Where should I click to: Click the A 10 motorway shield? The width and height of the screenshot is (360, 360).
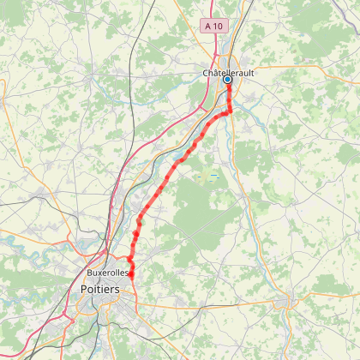pos(214,27)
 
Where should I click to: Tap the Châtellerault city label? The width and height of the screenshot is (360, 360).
pos(228,74)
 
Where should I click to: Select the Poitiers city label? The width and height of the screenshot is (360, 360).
pos(100,290)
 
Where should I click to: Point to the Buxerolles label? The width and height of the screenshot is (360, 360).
pos(108,273)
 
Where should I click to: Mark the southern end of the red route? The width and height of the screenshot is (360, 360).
pos(131,275)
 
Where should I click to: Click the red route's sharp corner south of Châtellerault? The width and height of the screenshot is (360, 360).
pos(231,111)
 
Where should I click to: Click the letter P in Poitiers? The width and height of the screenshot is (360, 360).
pos(84,290)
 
